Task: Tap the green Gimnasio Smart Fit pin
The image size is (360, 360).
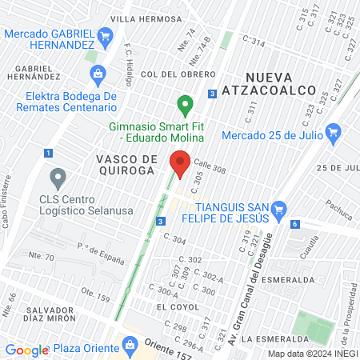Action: (x=185, y=105)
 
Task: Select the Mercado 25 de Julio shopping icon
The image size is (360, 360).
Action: (x=334, y=132)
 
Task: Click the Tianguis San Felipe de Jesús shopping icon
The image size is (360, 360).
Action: (x=278, y=211)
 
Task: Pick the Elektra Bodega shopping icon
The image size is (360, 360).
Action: (x=98, y=75)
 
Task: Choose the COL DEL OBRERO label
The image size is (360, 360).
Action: (x=169, y=74)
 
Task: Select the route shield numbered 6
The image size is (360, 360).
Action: (x=295, y=224)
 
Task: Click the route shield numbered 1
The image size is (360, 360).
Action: (x=49, y=153)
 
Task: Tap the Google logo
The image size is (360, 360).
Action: (x=27, y=349)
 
